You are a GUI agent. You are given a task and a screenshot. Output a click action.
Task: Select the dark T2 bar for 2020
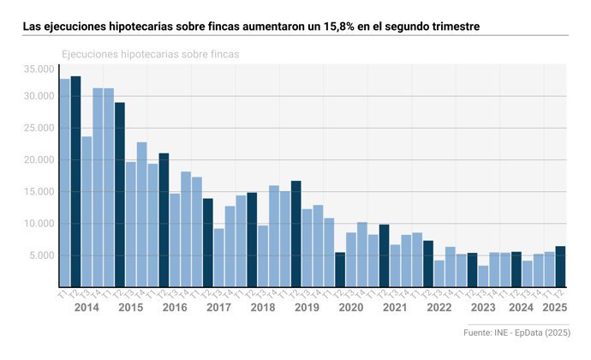(340, 269)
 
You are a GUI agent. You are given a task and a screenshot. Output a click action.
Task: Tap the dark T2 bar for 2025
(560, 267)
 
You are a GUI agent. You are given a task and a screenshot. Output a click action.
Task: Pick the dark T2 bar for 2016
(164, 219)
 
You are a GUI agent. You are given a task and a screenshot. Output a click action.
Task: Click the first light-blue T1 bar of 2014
(64, 183)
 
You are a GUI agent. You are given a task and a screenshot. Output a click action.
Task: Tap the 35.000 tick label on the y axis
(39, 69)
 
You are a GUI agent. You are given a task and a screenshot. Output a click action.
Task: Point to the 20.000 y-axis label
(39, 160)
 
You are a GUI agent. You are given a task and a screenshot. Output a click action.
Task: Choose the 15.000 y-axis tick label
(39, 192)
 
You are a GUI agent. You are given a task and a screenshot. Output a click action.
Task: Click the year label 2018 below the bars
(262, 308)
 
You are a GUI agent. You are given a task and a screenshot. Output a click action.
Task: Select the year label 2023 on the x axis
(483, 308)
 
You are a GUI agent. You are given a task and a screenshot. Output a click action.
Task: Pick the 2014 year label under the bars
(87, 308)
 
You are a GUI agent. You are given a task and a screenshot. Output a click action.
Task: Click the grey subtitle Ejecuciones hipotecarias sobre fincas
(150, 54)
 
